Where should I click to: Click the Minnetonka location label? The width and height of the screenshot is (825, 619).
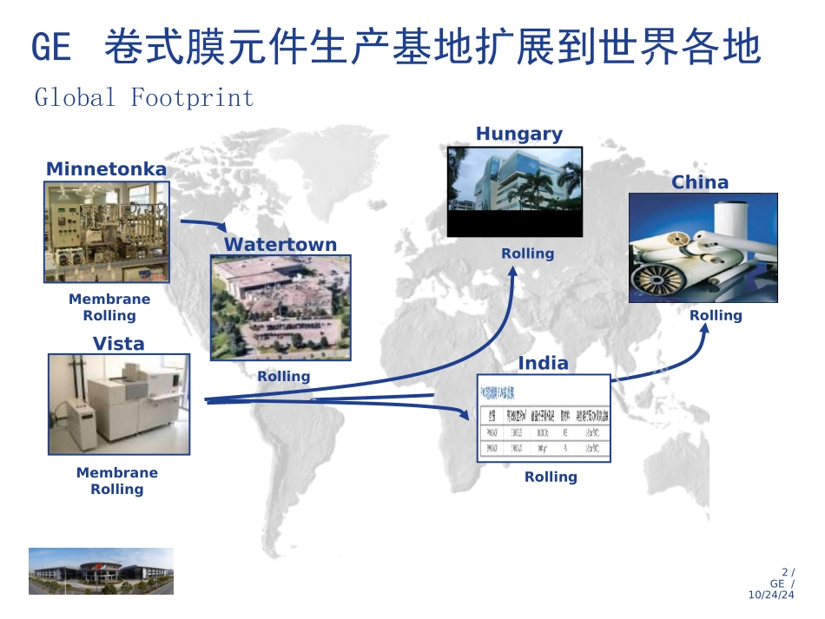click(106, 169)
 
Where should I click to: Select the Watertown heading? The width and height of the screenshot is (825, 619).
click(280, 245)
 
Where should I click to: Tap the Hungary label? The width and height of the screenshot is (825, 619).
click(519, 134)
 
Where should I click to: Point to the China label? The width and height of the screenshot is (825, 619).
click(700, 182)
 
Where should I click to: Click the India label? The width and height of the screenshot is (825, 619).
click(544, 363)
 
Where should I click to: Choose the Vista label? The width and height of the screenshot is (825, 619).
click(119, 344)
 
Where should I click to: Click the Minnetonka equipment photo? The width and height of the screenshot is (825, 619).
click(107, 232)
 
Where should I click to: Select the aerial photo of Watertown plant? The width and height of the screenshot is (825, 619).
click(280, 307)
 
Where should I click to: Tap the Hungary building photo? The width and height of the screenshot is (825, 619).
click(514, 192)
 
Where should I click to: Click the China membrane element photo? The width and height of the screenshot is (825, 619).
click(703, 247)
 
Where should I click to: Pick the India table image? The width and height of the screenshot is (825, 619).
click(544, 418)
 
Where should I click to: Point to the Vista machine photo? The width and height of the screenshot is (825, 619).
click(119, 404)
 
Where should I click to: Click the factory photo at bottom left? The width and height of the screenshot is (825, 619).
click(101, 571)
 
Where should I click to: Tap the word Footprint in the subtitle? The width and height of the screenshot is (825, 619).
click(192, 97)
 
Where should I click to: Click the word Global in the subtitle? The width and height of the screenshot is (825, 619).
click(75, 97)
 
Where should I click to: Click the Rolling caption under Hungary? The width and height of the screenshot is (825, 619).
click(527, 254)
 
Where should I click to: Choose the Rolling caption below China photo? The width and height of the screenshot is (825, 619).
click(716, 315)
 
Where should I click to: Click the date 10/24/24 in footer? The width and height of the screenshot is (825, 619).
click(771, 595)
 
